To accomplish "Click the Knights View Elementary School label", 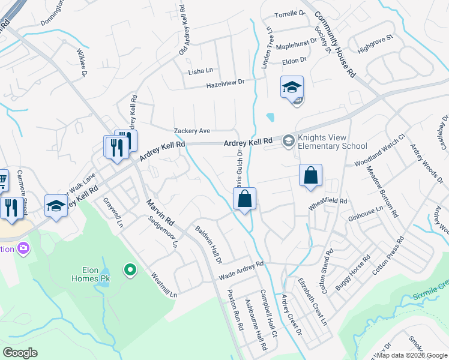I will point(329,142).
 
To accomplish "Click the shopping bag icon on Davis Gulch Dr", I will point(245,199).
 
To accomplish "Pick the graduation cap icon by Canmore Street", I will point(56,206).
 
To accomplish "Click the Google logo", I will point(20,353).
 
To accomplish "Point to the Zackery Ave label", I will point(192,131).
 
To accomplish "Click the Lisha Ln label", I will point(200,71).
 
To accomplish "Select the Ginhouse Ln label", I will point(366,213).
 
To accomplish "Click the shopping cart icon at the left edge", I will point(3,179).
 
